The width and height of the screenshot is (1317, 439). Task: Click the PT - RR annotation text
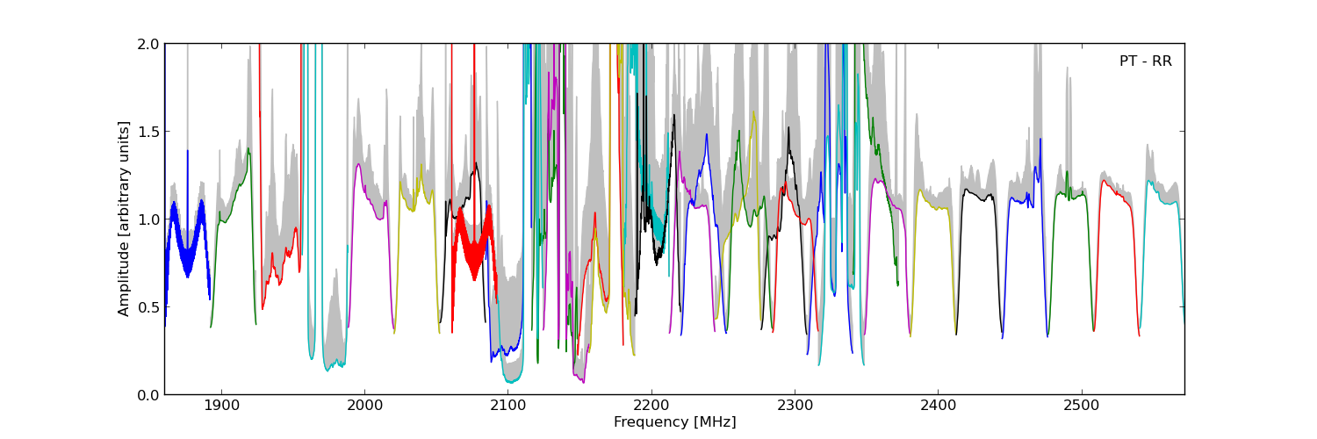[1145, 61]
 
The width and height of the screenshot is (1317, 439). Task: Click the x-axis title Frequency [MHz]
[674, 422]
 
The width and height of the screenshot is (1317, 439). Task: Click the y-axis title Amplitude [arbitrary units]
[124, 219]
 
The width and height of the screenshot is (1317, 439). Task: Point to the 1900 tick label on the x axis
[220, 407]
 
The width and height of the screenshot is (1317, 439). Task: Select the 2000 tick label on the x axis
[363, 407]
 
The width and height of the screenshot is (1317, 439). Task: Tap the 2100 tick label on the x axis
[507, 407]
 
